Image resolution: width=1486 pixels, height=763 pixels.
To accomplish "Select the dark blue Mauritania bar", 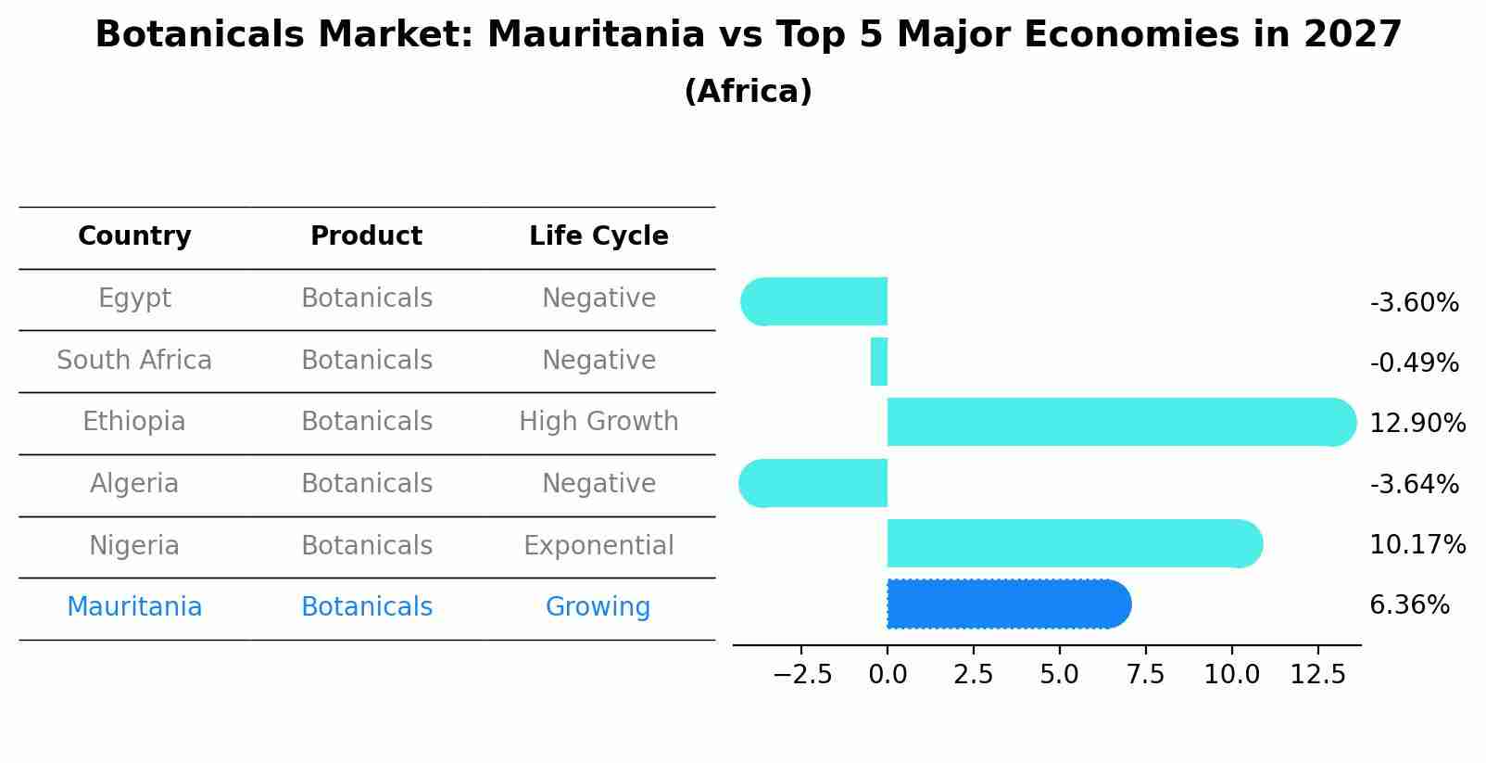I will click(1008, 604).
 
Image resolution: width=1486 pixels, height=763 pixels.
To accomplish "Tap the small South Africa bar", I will click(879, 362).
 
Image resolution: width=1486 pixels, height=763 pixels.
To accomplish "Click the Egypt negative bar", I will click(814, 301).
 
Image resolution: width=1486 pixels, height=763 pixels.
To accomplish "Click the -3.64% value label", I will click(1414, 484).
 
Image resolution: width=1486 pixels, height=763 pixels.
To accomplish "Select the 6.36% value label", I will click(1409, 605).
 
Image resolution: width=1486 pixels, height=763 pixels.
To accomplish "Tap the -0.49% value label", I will click(1414, 362).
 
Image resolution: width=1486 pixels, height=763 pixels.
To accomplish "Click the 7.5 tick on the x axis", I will click(1145, 675).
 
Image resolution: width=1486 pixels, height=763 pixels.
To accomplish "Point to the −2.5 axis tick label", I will click(802, 675).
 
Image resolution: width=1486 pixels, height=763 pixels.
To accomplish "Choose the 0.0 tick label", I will click(888, 675).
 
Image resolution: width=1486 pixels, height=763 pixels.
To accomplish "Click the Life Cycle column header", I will click(598, 236).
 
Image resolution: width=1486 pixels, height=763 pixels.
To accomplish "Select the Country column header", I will click(134, 236).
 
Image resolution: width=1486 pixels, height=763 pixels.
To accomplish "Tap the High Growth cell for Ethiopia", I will click(598, 422).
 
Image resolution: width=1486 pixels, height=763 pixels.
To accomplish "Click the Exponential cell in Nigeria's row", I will click(598, 545).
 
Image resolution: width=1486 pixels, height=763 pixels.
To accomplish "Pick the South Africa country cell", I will click(134, 360).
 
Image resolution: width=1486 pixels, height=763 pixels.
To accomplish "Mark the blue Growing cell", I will click(598, 606).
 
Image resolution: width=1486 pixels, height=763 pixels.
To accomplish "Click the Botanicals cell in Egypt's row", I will click(367, 299).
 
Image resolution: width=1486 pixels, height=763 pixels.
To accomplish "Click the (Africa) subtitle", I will click(748, 92).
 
